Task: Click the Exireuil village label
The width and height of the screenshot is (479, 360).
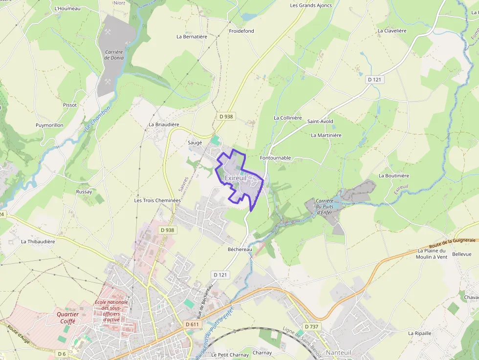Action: pos(236,178)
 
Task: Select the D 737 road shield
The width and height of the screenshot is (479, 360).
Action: pos(311,326)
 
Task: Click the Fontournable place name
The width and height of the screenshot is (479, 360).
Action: pos(275,158)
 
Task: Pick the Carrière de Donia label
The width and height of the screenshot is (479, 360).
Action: pos(114,55)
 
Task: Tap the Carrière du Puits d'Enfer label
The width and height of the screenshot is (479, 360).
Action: pos(325,206)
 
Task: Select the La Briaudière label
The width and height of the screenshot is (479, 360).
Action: pos(164,125)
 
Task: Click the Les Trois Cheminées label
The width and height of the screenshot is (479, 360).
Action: pos(157,200)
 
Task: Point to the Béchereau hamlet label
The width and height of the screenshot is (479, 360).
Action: pos(239,249)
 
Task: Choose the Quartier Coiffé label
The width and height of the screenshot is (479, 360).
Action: pos(67,318)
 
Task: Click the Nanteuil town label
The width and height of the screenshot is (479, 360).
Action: pos(339,352)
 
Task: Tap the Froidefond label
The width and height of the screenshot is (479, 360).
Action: pos(241,31)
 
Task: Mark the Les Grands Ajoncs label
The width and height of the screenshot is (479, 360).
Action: pos(311,5)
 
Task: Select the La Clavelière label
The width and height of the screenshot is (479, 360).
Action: pos(392,31)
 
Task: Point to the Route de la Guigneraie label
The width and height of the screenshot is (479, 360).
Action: pos(452,243)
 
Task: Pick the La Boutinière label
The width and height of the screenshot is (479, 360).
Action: pos(394,175)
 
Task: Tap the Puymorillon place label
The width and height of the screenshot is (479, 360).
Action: pos(49,125)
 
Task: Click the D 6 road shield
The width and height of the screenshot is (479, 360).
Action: pos(62,353)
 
